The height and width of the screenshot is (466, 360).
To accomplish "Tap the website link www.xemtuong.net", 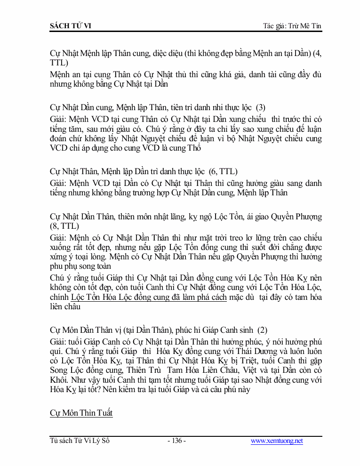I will [277, 441].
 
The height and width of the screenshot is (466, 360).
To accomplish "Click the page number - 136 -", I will [176, 441].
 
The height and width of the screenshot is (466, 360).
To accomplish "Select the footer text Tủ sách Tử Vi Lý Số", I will [80, 441].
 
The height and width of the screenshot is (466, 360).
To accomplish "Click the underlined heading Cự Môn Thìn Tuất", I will [81, 413].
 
